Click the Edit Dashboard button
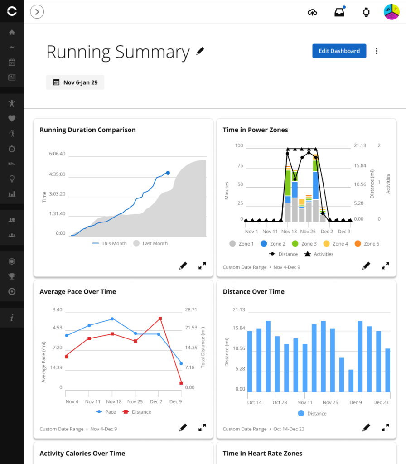click(339, 51)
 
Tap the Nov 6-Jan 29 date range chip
click(75, 82)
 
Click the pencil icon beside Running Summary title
click(200, 52)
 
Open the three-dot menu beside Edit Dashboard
click(377, 51)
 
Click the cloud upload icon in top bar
click(312, 12)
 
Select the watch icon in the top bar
click(366, 12)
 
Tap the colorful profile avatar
click(391, 12)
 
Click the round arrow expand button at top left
click(37, 12)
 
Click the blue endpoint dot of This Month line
click(168, 173)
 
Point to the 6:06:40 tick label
click(57, 154)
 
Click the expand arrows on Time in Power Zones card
click(385, 266)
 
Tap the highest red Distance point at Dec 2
click(160, 319)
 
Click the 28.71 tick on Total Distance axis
click(189, 309)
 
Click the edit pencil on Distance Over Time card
click(366, 427)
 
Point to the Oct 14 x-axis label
click(255, 402)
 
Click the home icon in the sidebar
click(12, 33)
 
